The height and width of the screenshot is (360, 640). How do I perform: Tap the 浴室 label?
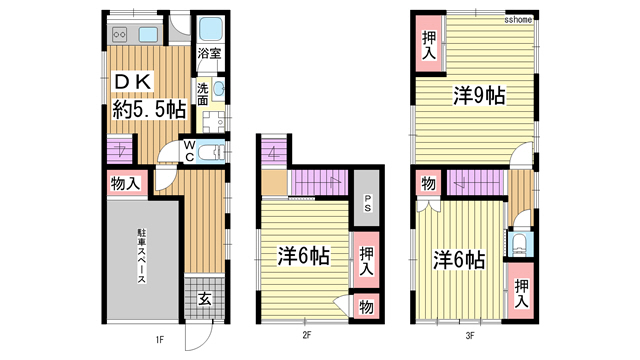coord(209,53)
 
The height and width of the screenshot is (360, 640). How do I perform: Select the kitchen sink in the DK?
coord(149,34)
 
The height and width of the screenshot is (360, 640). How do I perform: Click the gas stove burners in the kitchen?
coord(118,34)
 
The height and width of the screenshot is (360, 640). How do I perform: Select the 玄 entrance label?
coord(203,297)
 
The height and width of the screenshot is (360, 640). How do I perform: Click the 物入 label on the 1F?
coord(124,183)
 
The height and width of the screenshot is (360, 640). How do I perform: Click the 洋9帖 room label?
coord(478,96)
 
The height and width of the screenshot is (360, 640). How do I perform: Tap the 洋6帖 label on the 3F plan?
coord(459,259)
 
